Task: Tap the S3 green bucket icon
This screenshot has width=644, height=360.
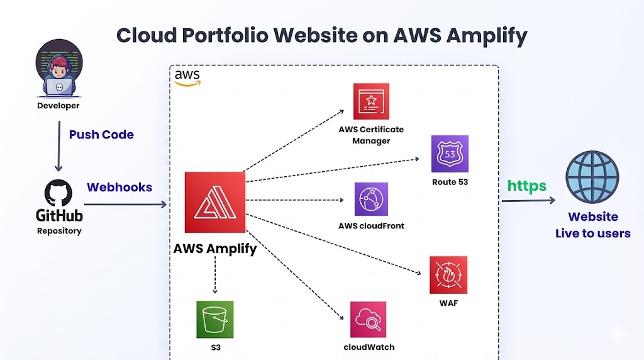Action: (214, 320)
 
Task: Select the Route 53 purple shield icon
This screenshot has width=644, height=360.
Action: (450, 154)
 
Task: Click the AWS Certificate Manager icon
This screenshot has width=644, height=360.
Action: (371, 101)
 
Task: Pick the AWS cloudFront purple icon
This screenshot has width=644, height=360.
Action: (371, 200)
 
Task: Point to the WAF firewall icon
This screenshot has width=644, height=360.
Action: (448, 275)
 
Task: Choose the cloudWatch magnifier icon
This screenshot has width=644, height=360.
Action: (369, 320)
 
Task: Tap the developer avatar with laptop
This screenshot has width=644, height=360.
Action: (58, 72)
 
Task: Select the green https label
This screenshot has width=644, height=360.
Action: (527, 186)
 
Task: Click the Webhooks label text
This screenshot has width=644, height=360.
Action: (119, 188)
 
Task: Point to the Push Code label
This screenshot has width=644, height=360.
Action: (101, 135)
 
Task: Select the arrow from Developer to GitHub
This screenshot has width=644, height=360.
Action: (58, 146)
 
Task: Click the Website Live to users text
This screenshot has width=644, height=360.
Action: (592, 225)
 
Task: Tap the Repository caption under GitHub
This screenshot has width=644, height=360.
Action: (58, 230)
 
